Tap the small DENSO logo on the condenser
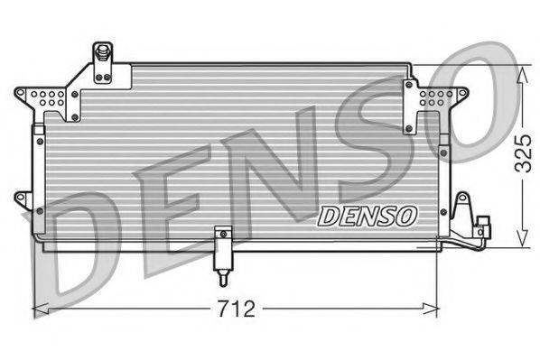click(x=367, y=215)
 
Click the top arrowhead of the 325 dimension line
click(x=522, y=69)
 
